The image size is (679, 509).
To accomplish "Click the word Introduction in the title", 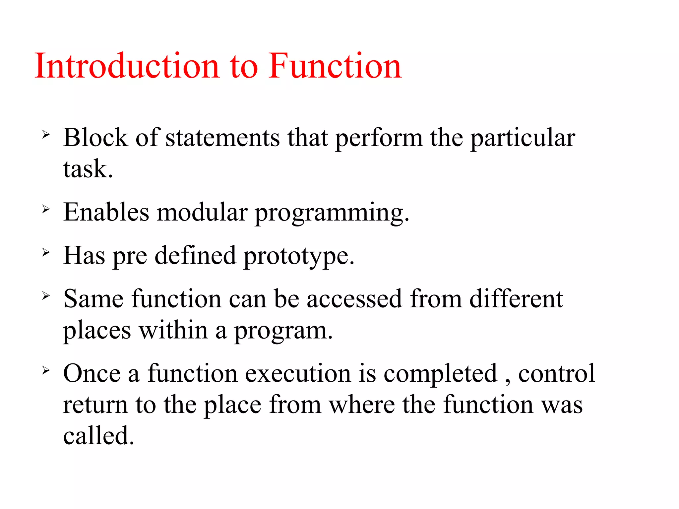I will click(x=127, y=66).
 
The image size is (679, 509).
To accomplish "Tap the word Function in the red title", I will click(x=335, y=66).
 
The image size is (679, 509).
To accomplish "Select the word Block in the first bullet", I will click(x=95, y=137).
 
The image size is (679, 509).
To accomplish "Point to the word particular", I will click(x=523, y=137).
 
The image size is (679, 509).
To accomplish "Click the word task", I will click(x=88, y=169).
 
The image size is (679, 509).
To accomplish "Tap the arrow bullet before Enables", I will click(x=46, y=209).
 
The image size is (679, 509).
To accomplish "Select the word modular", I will click(x=202, y=212).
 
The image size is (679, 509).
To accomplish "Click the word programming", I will click(x=332, y=212).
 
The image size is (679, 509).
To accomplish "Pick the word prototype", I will click(x=299, y=256).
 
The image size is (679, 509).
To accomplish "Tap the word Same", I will click(x=94, y=299).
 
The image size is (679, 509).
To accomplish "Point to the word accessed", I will click(x=354, y=299).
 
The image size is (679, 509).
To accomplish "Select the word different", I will click(x=516, y=299).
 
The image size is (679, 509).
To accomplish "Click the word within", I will click(x=173, y=330).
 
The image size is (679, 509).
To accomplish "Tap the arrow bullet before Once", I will click(x=46, y=370).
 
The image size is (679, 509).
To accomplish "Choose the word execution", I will click(x=298, y=373).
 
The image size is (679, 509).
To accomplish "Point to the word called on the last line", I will click(x=98, y=435).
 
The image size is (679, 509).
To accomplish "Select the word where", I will click(x=362, y=405).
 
